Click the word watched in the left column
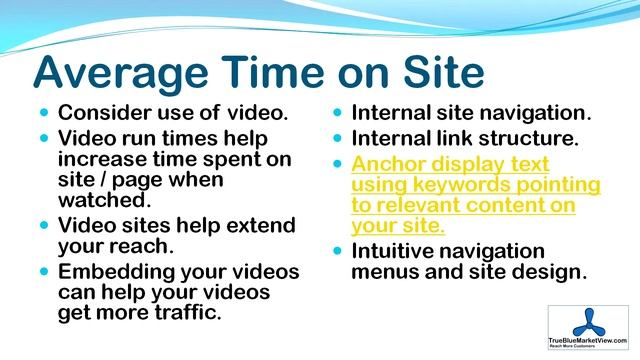tap(97, 200)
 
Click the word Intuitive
tap(397, 251)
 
